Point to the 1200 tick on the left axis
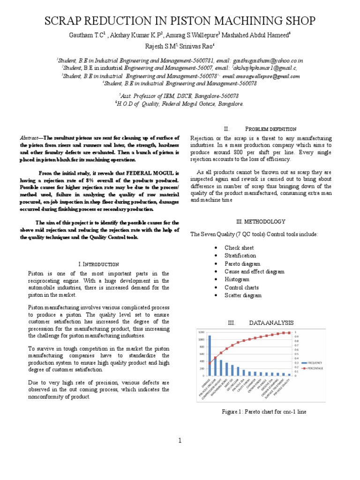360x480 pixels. (x=201, y=331)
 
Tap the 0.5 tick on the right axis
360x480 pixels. (x=296, y=354)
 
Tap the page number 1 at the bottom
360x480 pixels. (x=180, y=440)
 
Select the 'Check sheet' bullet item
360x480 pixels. (x=239, y=247)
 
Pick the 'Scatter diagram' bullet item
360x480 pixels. (x=243, y=295)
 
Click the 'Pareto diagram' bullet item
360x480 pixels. (x=242, y=263)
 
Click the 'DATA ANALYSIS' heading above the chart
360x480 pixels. (x=271, y=322)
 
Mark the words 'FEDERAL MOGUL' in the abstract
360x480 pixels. (x=155, y=172)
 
